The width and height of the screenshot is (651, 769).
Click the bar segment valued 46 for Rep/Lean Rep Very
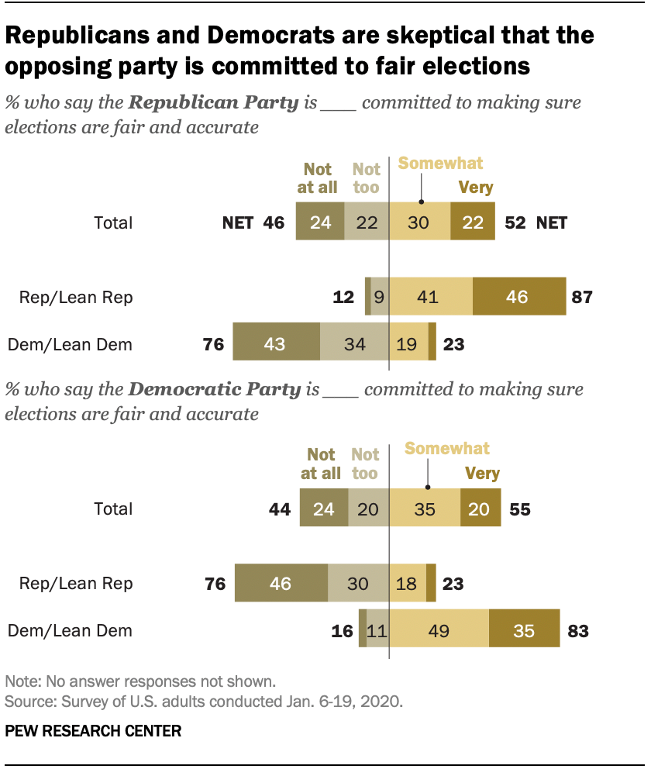click(x=519, y=297)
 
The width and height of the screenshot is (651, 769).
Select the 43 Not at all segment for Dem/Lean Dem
click(x=276, y=343)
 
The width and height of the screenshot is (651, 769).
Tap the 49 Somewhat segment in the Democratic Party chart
click(x=439, y=630)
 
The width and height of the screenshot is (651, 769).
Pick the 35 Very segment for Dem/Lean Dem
click(x=524, y=630)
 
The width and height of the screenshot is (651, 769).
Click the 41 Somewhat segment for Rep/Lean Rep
click(x=431, y=297)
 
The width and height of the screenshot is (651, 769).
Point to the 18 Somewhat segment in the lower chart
click(x=407, y=584)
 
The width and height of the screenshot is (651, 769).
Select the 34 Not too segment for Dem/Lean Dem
click(x=354, y=343)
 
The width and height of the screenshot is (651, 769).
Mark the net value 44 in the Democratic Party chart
click(x=279, y=509)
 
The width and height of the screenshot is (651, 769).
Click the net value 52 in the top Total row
click(x=515, y=223)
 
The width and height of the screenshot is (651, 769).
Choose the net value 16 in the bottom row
click(x=341, y=631)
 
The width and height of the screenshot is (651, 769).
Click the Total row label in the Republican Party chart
click(x=113, y=223)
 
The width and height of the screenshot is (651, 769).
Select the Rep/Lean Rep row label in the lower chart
click(x=77, y=584)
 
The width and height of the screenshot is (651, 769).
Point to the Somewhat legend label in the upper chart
click(x=440, y=164)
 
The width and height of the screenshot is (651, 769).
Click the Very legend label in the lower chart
click(x=482, y=473)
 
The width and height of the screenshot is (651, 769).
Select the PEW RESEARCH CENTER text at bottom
click(x=93, y=730)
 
